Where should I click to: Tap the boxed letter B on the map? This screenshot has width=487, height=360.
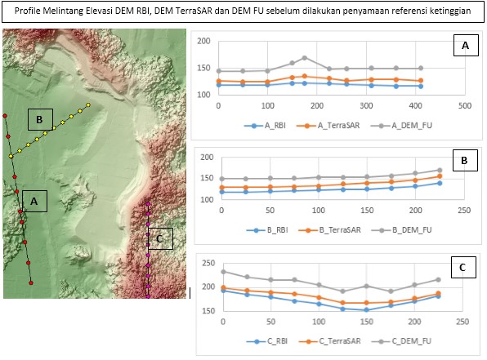[x=40, y=119]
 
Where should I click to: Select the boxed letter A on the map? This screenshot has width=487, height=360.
[x=34, y=201]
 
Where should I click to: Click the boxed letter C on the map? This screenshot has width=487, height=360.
[x=160, y=238]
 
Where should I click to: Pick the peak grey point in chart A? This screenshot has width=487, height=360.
[x=305, y=58]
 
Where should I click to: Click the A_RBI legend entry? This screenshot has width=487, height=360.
[x=265, y=126]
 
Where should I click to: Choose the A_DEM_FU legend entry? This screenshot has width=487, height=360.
[x=401, y=126]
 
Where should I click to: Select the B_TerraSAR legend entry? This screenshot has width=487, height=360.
[x=329, y=230]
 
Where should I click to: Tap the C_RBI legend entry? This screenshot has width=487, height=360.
[x=267, y=341]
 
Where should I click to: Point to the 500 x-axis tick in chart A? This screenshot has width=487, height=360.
[x=465, y=106]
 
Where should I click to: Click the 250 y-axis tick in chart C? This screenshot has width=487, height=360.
[x=208, y=263]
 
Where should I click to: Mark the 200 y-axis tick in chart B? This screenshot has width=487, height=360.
[x=207, y=158]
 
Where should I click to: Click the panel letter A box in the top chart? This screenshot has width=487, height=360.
[x=466, y=45]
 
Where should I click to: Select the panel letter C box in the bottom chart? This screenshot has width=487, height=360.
[x=463, y=267]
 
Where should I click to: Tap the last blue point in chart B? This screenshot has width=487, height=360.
[x=440, y=183]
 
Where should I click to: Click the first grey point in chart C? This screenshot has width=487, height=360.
[x=223, y=272]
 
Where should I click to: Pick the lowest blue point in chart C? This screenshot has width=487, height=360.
[x=367, y=309]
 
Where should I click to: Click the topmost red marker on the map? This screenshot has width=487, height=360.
[x=5, y=116]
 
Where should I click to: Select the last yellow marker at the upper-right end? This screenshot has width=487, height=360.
[x=88, y=104]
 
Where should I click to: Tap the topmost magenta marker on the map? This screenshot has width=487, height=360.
[x=148, y=204]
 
